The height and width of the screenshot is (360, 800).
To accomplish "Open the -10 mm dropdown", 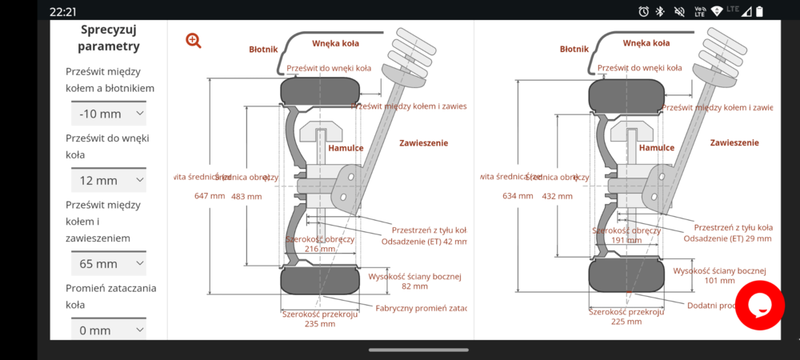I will click(108, 114).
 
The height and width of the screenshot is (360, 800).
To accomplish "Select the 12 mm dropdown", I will click(108, 180).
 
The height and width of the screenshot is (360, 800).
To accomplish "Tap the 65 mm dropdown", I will click(108, 263).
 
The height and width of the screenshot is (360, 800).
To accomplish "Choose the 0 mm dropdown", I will click(108, 330).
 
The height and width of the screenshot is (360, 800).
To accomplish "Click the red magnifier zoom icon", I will click(194, 40).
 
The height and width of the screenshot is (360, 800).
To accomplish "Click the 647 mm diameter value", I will click(210, 196).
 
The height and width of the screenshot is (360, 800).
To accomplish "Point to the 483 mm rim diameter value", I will click(246, 196).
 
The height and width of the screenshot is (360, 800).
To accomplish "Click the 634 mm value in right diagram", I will click(518, 196).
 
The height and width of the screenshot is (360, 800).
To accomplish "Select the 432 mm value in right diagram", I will click(557, 196).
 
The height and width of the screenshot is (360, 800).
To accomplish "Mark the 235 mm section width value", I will click(320, 324).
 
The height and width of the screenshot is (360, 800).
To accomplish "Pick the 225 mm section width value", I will click(626, 322).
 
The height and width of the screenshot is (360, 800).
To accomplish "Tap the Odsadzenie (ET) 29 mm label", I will click(727, 238).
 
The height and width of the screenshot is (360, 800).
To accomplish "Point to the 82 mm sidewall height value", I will click(414, 286).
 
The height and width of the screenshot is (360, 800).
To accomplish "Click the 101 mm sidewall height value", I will click(719, 281).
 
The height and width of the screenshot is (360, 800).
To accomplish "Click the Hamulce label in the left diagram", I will click(346, 148).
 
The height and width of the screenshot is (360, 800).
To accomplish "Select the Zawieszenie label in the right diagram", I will click(734, 142).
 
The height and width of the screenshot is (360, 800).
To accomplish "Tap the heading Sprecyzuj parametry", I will click(109, 38).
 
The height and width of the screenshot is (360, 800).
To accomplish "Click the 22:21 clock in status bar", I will click(63, 12).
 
